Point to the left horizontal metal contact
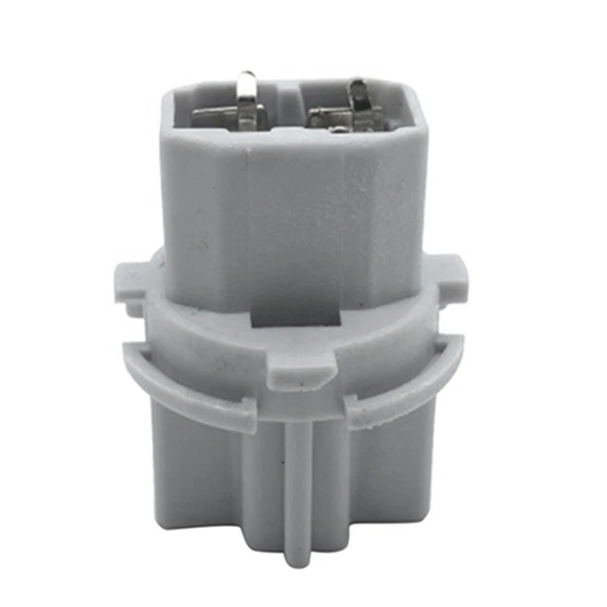216,118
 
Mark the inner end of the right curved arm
357,410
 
